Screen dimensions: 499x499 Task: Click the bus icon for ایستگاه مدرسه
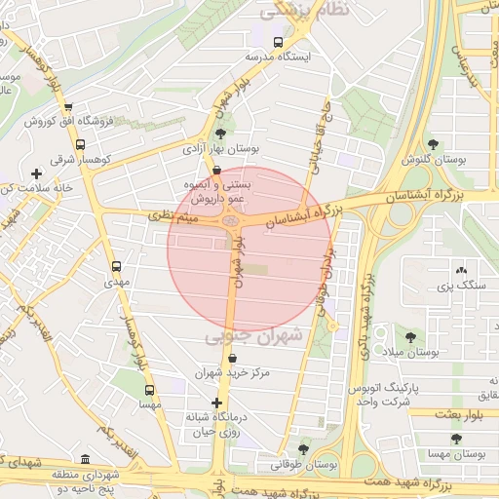(280, 43)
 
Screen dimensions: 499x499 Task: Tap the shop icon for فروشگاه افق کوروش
(67, 108)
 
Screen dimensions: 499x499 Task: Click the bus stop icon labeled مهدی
(117, 266)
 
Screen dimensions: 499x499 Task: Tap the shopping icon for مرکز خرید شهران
(232, 358)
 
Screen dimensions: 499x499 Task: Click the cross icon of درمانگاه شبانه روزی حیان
(216, 403)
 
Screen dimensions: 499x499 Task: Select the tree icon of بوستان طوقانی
(303, 449)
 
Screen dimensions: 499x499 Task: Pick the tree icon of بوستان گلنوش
(433, 144)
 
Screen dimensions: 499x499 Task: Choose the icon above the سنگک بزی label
(460, 271)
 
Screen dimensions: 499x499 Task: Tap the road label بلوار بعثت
(452, 414)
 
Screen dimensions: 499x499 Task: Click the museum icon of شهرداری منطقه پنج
(85, 459)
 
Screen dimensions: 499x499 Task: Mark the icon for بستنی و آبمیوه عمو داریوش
(230, 169)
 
